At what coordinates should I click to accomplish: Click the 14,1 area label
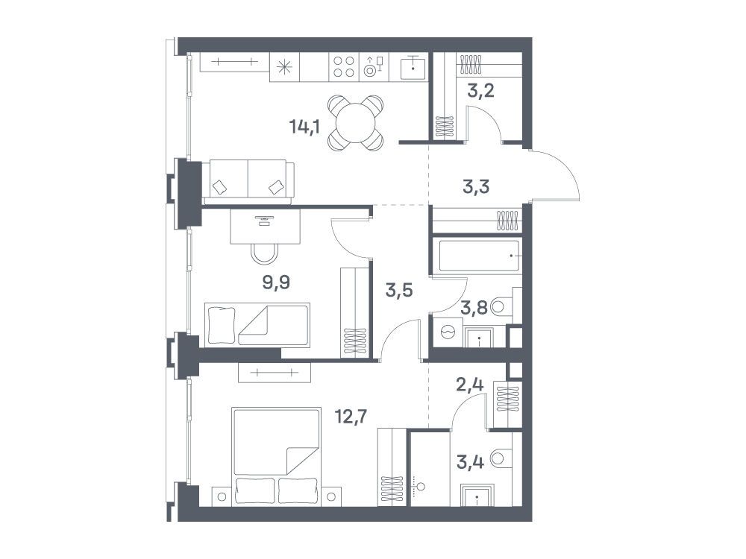[x=304, y=127]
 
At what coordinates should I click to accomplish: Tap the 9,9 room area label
[x=276, y=282]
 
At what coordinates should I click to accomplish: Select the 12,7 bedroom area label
[x=351, y=417]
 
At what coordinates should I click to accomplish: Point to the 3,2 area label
[x=480, y=90]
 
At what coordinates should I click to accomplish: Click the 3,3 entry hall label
[x=476, y=187]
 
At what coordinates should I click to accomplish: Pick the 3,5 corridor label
[x=398, y=290]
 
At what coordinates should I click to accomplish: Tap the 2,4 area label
[x=470, y=385]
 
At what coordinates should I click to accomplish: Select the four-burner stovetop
[x=344, y=67]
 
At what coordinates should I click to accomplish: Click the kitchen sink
[x=413, y=67]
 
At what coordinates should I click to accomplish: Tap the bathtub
[x=480, y=256]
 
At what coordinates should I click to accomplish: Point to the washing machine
[x=448, y=332]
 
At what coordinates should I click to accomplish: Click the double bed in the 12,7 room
[x=277, y=456]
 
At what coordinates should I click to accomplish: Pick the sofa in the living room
[x=248, y=182]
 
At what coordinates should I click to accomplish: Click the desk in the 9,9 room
[x=266, y=227]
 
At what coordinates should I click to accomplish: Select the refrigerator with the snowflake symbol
[x=284, y=67]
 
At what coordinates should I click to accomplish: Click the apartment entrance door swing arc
[x=564, y=166]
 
